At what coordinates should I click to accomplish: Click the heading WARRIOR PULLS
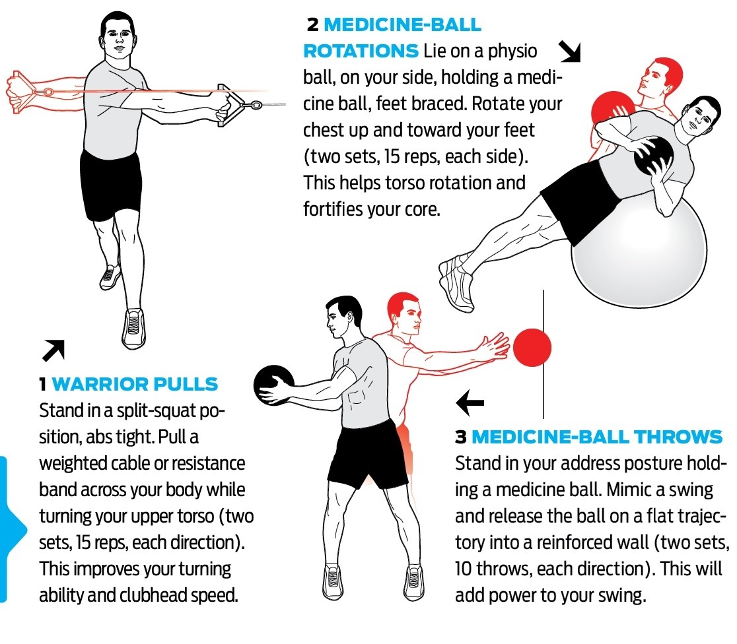[135, 384]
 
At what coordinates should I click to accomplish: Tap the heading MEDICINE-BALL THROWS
[597, 436]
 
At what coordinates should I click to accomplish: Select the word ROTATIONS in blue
[361, 51]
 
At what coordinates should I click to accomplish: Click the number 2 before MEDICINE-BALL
[312, 24]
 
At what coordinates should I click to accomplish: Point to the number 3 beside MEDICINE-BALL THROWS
[461, 437]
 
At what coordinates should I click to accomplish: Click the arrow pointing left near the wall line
[470, 402]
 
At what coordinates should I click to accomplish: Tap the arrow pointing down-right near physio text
[570, 51]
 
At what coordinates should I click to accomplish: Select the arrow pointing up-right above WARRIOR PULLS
[53, 350]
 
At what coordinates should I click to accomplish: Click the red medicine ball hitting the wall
[532, 348]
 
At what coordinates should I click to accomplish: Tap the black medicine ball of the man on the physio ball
[653, 156]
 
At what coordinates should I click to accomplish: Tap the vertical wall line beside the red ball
[544, 354]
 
